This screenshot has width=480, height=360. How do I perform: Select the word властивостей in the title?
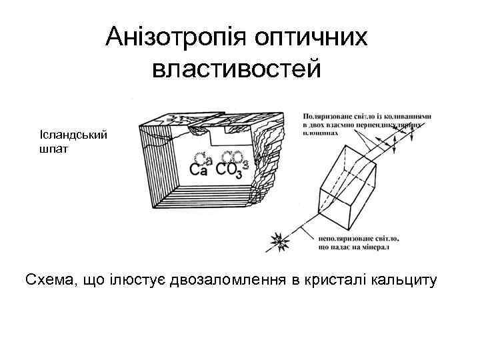click(x=237, y=68)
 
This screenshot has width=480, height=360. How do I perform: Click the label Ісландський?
click(x=73, y=135)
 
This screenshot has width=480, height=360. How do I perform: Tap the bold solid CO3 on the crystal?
click(x=232, y=171)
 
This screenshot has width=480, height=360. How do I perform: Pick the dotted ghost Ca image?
click(x=203, y=159)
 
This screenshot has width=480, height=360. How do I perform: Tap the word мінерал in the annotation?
click(x=375, y=247)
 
